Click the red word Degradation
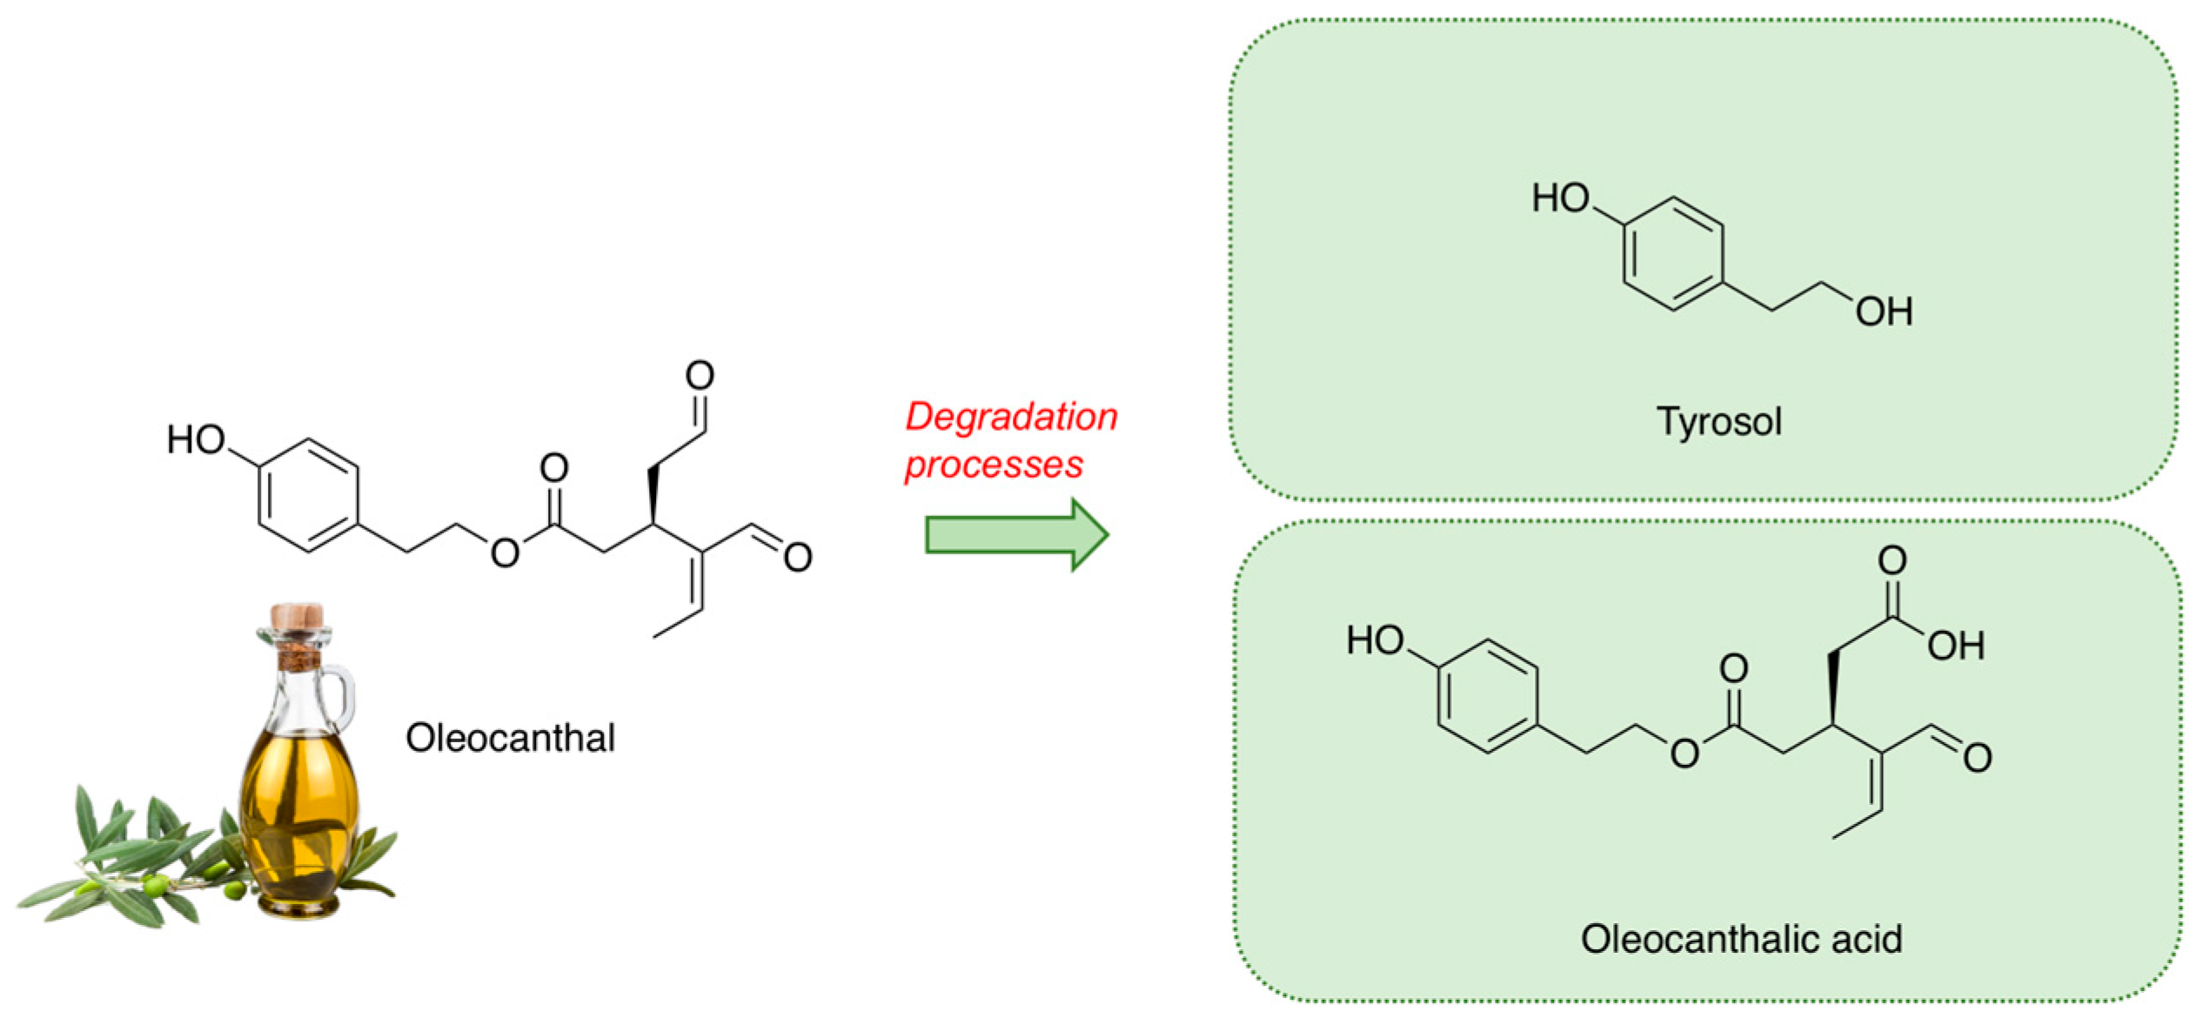tap(1011, 417)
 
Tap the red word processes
tap(994, 465)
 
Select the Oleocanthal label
tap(510, 738)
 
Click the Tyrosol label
tap(1719, 422)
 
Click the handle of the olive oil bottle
tap(341, 696)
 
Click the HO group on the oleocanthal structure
tap(196, 439)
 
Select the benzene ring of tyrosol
tap(1672, 254)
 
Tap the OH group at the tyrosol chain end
tap(1884, 312)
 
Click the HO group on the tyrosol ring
tap(1561, 198)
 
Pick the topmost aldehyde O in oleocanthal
tap(700, 375)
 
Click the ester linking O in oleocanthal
tap(505, 553)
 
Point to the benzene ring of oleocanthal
tap(308, 495)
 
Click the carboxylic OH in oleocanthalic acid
tap(1956, 646)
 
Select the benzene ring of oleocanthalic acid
tap(1487, 696)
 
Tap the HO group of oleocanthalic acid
tap(1375, 640)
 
